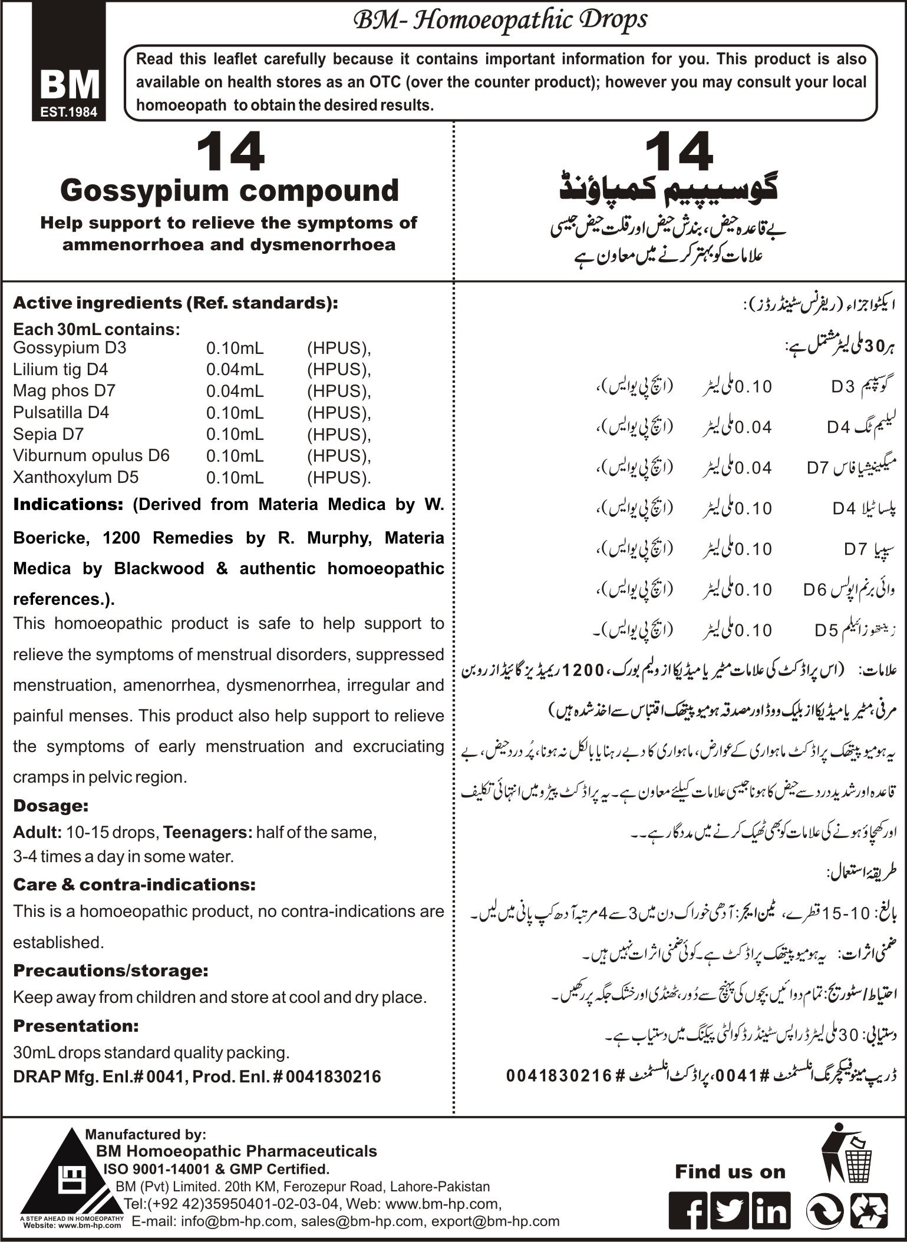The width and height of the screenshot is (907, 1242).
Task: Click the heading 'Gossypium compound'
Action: (x=229, y=191)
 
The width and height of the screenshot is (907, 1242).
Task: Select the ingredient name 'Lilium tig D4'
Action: (x=60, y=369)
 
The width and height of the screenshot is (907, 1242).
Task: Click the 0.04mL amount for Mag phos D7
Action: (x=235, y=391)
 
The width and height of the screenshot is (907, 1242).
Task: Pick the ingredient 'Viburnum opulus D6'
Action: (x=91, y=455)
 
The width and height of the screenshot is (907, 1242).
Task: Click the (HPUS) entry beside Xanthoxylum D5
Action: (x=339, y=478)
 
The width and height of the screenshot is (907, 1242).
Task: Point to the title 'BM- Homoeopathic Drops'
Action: (x=499, y=21)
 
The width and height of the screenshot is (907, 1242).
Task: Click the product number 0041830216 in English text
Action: (x=334, y=1077)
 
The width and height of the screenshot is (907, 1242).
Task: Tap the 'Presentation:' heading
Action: (x=75, y=1026)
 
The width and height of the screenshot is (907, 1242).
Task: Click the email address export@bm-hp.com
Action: (x=495, y=1221)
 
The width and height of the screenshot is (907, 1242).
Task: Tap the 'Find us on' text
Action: (x=730, y=1172)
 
